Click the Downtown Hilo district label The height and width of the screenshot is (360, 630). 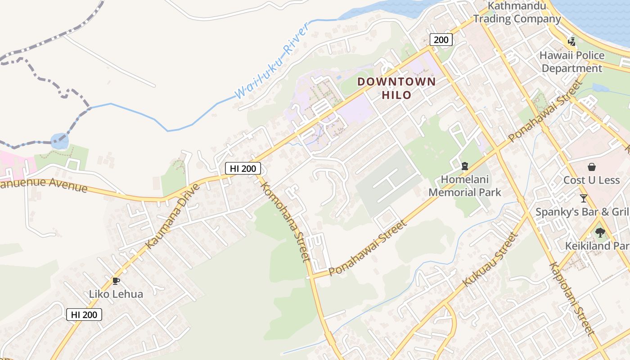pos(396,88)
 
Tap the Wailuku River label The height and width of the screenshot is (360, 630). pos(272,61)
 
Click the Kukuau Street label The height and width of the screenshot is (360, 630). pos(489,260)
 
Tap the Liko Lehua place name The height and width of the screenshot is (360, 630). pos(116,294)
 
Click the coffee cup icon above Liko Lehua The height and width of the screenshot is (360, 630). pos(116,281)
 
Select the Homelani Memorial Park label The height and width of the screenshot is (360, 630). pos(464,186)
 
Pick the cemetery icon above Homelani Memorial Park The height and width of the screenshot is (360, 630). pos(464,166)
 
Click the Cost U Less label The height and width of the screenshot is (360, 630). pos(591,180)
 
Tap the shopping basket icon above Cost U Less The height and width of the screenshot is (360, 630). pos(591,167)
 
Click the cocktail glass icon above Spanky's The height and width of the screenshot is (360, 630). pos(583,198)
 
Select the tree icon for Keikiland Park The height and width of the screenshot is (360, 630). pos(600,233)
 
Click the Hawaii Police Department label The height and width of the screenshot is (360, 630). pos(572,62)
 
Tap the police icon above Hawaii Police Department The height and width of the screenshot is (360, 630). pos(571,42)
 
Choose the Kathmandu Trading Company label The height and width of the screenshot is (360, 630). pos(517,13)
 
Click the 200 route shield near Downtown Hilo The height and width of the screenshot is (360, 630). pos(441,40)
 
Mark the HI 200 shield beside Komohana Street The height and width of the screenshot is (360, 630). pos(243,168)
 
